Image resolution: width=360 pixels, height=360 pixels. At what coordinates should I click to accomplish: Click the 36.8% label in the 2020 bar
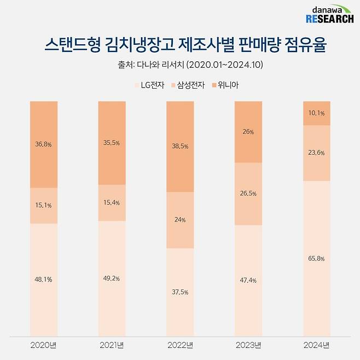click(44, 144)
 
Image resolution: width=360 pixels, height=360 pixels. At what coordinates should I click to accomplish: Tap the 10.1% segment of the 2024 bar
click(316, 113)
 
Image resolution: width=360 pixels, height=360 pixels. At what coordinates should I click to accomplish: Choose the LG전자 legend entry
click(149, 85)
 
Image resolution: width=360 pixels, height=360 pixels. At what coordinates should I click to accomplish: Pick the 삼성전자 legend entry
click(188, 85)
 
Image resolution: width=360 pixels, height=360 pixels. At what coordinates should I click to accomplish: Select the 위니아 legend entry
click(225, 85)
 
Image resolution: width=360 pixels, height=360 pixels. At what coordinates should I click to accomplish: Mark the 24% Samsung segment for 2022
click(180, 220)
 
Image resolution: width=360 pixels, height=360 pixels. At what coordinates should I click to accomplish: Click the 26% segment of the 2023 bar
click(248, 132)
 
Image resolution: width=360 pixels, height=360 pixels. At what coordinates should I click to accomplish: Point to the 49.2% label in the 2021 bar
click(112, 277)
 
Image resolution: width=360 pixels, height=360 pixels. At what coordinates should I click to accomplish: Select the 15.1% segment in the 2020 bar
click(44, 206)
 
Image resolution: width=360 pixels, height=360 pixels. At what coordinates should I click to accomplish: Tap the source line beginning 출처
click(180, 65)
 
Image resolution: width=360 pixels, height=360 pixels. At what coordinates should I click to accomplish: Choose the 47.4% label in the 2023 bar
click(248, 280)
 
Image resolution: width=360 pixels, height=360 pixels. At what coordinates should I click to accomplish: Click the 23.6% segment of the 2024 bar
click(316, 153)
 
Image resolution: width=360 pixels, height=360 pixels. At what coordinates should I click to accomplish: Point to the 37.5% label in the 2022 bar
click(180, 292)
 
